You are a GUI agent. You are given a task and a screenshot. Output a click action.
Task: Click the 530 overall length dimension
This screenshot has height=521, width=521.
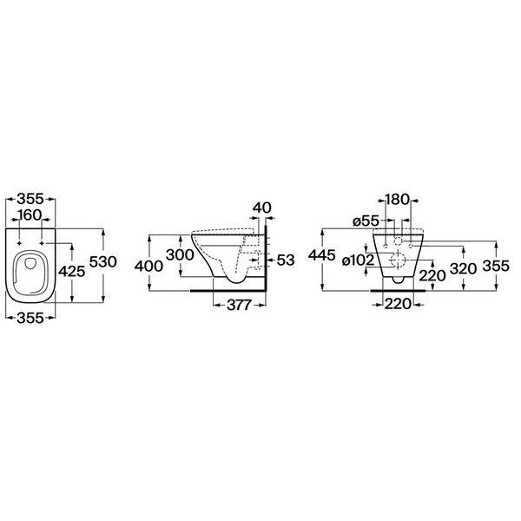click(x=103, y=262)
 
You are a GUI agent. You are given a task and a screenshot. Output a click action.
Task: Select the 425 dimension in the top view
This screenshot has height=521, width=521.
click(x=72, y=272)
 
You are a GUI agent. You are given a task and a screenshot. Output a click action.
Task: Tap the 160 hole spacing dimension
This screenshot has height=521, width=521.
click(x=30, y=215)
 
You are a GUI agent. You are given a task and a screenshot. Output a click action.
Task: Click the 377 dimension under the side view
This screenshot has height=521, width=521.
click(x=239, y=305)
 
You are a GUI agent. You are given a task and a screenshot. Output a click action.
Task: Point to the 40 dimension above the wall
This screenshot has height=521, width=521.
click(x=262, y=208)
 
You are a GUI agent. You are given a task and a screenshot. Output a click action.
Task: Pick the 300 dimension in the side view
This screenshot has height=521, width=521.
click(x=180, y=254)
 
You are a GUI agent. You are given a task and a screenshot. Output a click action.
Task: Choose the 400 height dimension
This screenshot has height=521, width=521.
click(x=148, y=267)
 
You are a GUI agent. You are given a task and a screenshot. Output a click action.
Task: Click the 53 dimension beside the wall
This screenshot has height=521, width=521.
click(x=286, y=260)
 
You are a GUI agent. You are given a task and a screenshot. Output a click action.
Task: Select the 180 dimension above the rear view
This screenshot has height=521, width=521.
click(x=397, y=200)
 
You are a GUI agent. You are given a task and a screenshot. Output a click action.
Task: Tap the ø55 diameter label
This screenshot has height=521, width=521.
click(x=366, y=221)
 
